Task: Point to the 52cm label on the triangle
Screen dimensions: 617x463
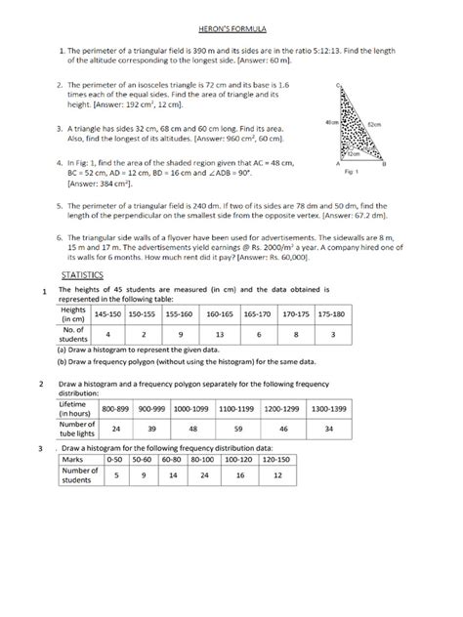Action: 375,125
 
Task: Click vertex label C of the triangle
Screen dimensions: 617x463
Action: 336,87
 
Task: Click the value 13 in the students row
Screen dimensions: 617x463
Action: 219,334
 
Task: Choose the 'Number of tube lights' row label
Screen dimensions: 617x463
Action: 76,428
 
